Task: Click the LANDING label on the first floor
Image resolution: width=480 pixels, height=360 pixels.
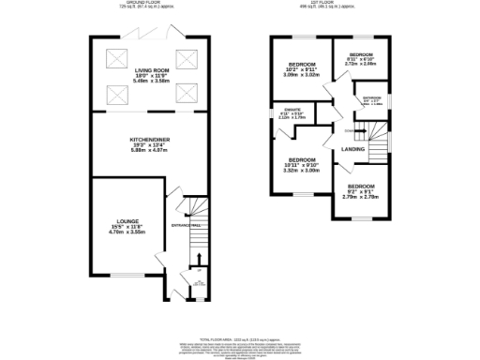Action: [353, 149]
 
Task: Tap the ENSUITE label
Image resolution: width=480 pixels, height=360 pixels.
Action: [291, 112]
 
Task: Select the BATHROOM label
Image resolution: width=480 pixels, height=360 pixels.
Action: [372, 97]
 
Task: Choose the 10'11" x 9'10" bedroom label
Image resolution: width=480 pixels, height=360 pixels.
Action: [302, 159]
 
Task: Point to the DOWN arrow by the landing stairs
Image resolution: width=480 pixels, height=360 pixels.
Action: [348, 130]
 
